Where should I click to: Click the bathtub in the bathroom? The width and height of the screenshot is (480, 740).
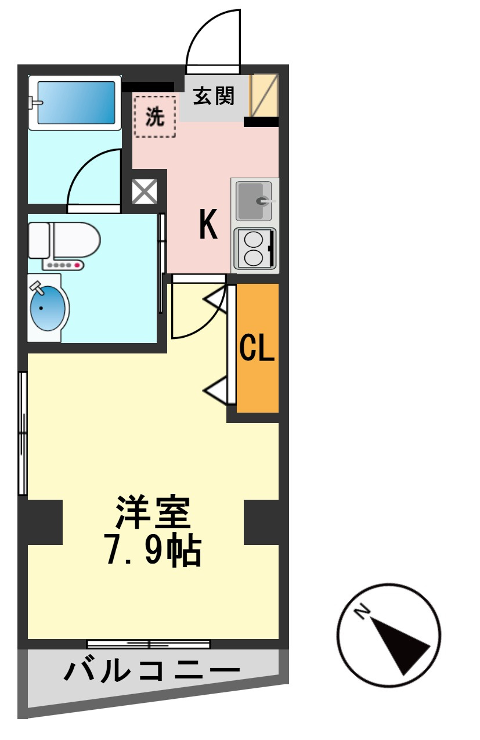76,102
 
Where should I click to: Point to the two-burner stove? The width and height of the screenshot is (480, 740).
254,248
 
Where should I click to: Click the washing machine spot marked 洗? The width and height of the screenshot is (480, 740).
154,117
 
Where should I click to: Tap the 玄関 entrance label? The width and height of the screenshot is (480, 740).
214,96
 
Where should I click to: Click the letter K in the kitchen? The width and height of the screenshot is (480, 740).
208,225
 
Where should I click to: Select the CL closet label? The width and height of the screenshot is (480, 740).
257,348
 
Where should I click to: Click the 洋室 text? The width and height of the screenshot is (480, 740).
153,511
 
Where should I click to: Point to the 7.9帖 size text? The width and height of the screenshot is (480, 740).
153,552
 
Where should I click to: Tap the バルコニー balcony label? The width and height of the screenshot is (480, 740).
151,673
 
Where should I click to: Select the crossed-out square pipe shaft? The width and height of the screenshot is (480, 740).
145,191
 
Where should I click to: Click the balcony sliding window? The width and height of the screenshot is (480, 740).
149,644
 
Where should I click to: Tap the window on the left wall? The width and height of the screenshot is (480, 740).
23,433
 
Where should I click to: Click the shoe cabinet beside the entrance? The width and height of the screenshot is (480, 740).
264,95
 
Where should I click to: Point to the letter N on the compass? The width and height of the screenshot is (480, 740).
363,611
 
